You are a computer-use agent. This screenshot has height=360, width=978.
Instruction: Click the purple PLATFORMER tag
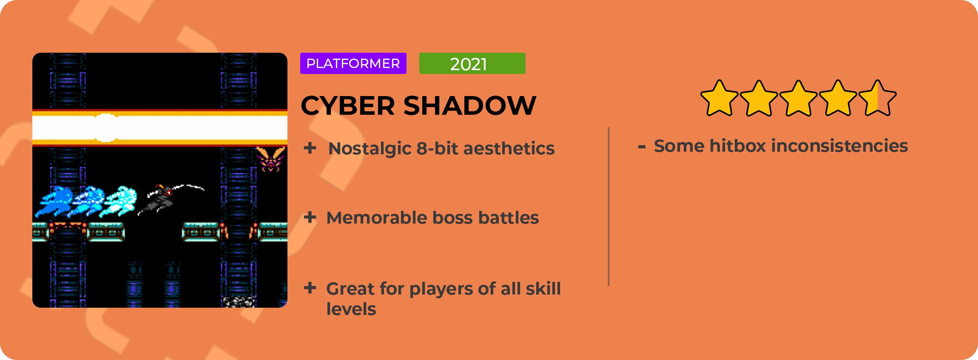[353, 63]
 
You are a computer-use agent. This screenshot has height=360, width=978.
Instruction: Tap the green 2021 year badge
[472, 63]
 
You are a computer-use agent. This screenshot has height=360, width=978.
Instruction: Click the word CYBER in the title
[348, 105]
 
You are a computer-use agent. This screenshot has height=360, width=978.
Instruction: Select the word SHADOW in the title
[470, 105]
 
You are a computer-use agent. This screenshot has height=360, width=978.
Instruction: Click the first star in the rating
[719, 98]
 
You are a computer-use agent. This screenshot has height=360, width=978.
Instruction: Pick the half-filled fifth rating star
[878, 98]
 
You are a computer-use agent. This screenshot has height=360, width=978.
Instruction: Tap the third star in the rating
[799, 98]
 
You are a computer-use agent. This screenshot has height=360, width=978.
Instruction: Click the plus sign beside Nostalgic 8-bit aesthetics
[310, 148]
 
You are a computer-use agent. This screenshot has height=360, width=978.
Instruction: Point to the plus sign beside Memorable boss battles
[310, 217]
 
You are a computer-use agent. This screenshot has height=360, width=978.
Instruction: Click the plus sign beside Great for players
[310, 288]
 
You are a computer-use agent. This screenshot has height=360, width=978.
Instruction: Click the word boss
[452, 218]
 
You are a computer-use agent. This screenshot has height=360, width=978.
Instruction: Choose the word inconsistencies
[840, 146]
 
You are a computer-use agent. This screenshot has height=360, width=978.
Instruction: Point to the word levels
[351, 309]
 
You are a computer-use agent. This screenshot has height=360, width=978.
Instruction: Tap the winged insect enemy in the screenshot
[270, 159]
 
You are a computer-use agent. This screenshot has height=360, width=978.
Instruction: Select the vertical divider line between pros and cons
[609, 207]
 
